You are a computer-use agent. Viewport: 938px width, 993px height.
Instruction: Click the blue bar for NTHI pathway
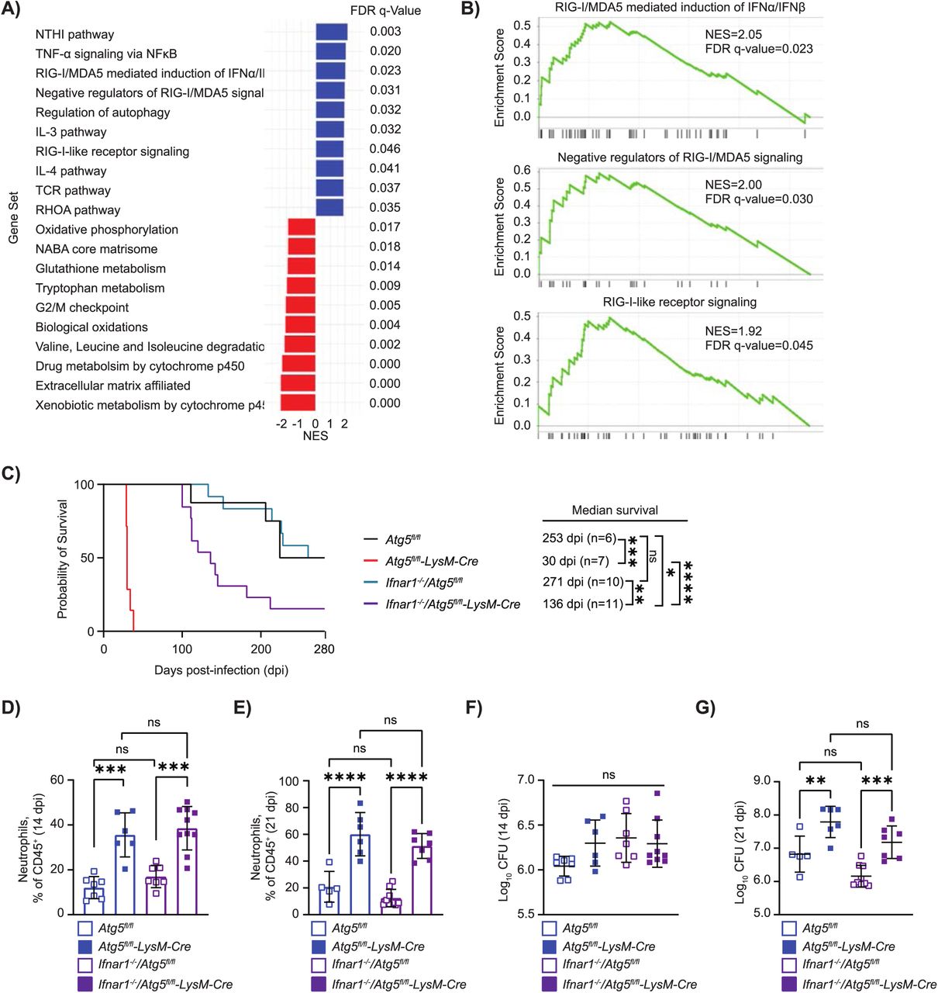click(331, 32)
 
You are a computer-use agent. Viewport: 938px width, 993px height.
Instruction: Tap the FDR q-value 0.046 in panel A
click(385, 149)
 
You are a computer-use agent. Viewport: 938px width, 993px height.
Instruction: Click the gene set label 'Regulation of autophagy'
click(102, 112)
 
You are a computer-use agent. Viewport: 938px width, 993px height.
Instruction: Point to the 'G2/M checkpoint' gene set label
click(82, 308)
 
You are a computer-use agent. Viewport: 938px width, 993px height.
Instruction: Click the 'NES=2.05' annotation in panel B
click(733, 34)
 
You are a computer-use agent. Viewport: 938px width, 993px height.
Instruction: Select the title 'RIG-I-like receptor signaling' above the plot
click(679, 303)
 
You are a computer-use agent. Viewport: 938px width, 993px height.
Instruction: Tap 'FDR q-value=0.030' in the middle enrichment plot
click(759, 199)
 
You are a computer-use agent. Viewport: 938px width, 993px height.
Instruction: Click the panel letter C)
click(12, 474)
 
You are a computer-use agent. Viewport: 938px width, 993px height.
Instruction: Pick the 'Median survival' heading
click(615, 510)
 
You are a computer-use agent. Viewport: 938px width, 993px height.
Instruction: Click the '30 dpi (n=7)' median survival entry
click(576, 561)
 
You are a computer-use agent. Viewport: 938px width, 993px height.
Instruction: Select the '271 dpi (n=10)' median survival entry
click(583, 582)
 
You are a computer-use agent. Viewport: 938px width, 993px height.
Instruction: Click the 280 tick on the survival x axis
click(324, 649)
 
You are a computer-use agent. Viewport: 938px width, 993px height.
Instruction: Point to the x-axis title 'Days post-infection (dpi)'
click(221, 670)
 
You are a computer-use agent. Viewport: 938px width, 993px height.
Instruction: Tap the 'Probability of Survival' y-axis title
click(63, 559)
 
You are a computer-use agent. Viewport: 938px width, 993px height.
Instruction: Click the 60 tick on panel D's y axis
click(57, 780)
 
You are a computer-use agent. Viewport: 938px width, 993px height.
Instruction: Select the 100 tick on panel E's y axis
click(289, 781)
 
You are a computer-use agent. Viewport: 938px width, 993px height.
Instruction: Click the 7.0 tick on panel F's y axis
click(526, 780)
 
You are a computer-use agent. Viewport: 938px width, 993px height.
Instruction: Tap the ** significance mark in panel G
click(816, 780)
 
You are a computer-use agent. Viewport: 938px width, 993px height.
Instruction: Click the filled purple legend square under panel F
click(550, 984)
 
